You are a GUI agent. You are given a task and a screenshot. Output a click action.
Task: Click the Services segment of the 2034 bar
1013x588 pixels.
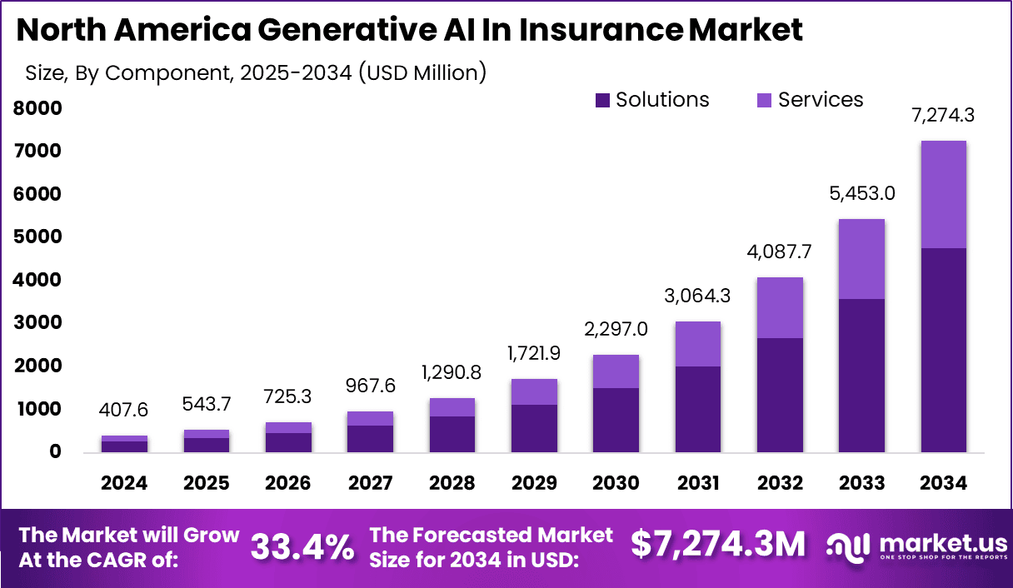(944, 194)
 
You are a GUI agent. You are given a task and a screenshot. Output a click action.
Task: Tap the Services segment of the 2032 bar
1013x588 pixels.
(780, 307)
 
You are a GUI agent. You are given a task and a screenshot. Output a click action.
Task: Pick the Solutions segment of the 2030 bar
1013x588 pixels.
(616, 420)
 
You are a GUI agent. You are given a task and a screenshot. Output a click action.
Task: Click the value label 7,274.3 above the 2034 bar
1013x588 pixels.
(944, 116)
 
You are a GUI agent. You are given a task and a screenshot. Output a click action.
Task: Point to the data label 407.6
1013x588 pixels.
(125, 411)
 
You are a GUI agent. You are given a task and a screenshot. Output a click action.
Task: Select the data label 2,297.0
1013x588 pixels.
(616, 329)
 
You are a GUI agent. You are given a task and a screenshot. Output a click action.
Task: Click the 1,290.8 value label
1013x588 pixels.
(452, 372)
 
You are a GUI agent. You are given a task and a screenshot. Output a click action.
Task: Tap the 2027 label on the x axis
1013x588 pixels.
(371, 483)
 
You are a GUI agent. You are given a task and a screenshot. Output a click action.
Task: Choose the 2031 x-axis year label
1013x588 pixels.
(698, 483)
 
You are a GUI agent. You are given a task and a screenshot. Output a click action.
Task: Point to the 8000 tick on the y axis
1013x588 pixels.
(37, 108)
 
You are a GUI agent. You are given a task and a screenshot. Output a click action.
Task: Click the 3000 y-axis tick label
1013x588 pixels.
(37, 323)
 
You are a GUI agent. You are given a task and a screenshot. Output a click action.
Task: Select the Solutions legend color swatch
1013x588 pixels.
(603, 101)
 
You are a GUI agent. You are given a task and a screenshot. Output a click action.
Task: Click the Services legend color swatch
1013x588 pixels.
(765, 101)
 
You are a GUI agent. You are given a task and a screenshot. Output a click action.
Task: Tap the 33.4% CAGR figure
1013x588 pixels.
(302, 546)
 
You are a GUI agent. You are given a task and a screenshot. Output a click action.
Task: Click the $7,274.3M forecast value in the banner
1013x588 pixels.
(718, 545)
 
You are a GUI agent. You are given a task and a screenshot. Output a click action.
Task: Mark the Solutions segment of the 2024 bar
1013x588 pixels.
(125, 446)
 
